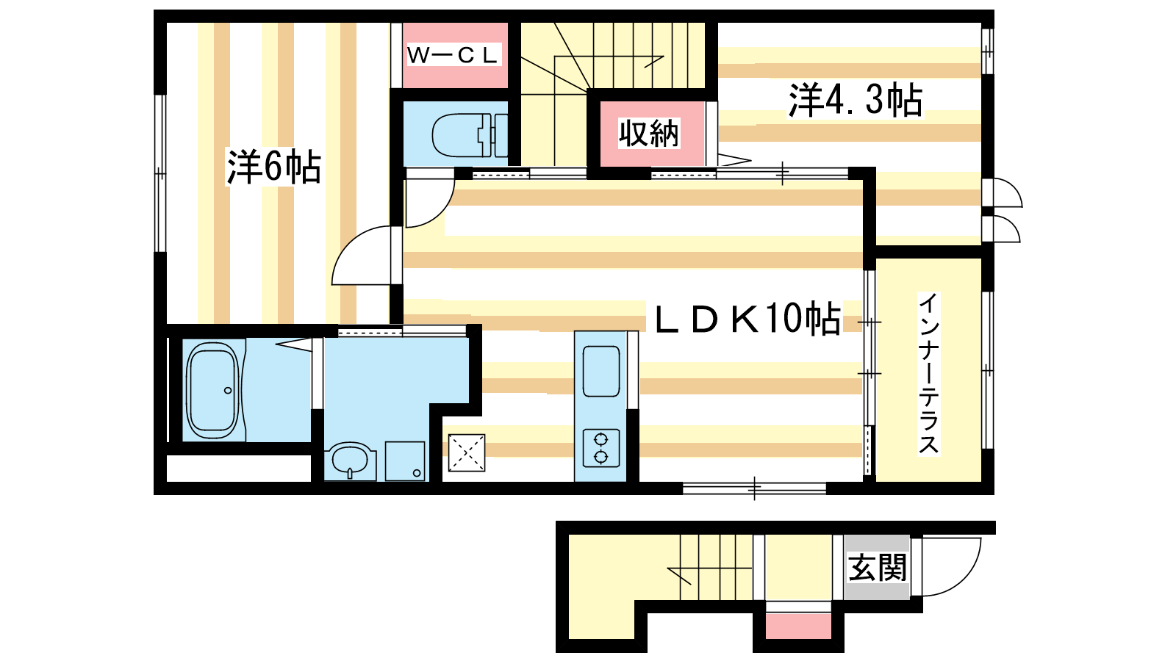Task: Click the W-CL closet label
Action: pyautogui.click(x=453, y=55)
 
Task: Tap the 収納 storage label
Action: pyautogui.click(x=649, y=133)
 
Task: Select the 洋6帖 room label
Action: pyautogui.click(x=273, y=167)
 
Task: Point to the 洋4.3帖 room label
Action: pyautogui.click(x=856, y=100)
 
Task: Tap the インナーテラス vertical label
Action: pyautogui.click(x=928, y=374)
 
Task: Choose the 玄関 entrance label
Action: pyautogui.click(x=878, y=567)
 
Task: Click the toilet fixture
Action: pyautogui.click(x=470, y=135)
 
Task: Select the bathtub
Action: pyautogui.click(x=213, y=391)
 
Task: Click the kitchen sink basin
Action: pyautogui.click(x=602, y=371)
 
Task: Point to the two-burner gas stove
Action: pyautogui.click(x=601, y=448)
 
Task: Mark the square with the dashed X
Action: pyautogui.click(x=466, y=452)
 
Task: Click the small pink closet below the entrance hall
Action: pyautogui.click(x=798, y=626)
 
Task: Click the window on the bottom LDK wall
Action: pyautogui.click(x=754, y=489)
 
